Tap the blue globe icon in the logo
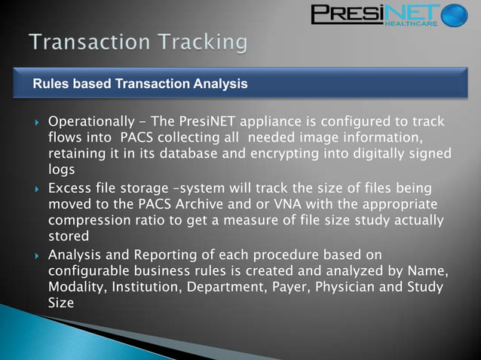[x=454, y=15]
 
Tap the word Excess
[x=71, y=188]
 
